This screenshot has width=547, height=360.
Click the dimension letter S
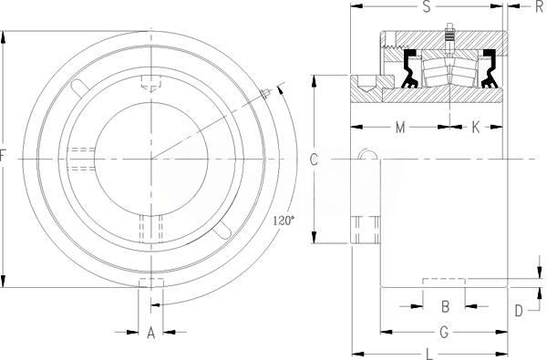point(427,6)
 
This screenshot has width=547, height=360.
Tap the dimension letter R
point(540,7)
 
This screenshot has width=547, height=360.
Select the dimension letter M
point(400,128)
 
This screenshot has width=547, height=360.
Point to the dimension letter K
point(476,128)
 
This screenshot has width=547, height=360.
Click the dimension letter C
point(314,159)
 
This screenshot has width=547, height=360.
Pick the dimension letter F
point(3,156)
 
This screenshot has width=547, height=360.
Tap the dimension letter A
point(150,333)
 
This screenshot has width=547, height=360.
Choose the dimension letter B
point(445,306)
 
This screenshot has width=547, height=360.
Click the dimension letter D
point(519,311)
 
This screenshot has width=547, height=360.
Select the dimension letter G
point(444,333)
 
